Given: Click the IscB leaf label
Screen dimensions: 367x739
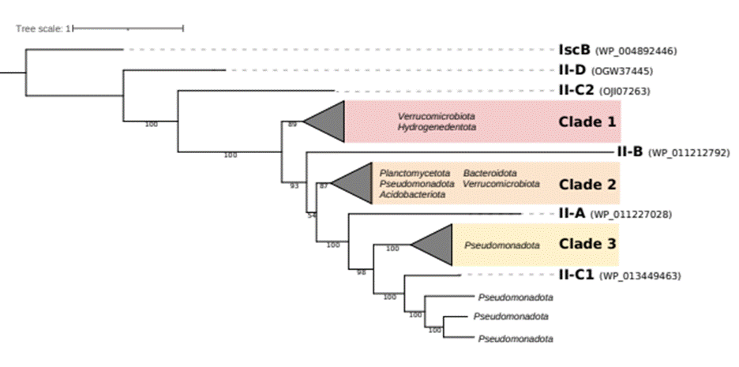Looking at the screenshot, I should tap(574, 51).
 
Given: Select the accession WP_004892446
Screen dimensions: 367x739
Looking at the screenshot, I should tap(636, 51).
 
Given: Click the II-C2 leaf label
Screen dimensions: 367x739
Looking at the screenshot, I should tap(576, 91).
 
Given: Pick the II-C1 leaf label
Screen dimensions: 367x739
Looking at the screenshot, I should tap(576, 275).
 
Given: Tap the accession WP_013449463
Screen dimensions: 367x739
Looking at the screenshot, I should tap(640, 276).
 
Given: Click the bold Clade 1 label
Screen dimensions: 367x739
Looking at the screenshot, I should tap(587, 122).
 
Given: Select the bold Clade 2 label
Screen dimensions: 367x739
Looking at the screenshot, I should tap(587, 184).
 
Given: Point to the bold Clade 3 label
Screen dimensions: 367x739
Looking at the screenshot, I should tap(587, 245).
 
